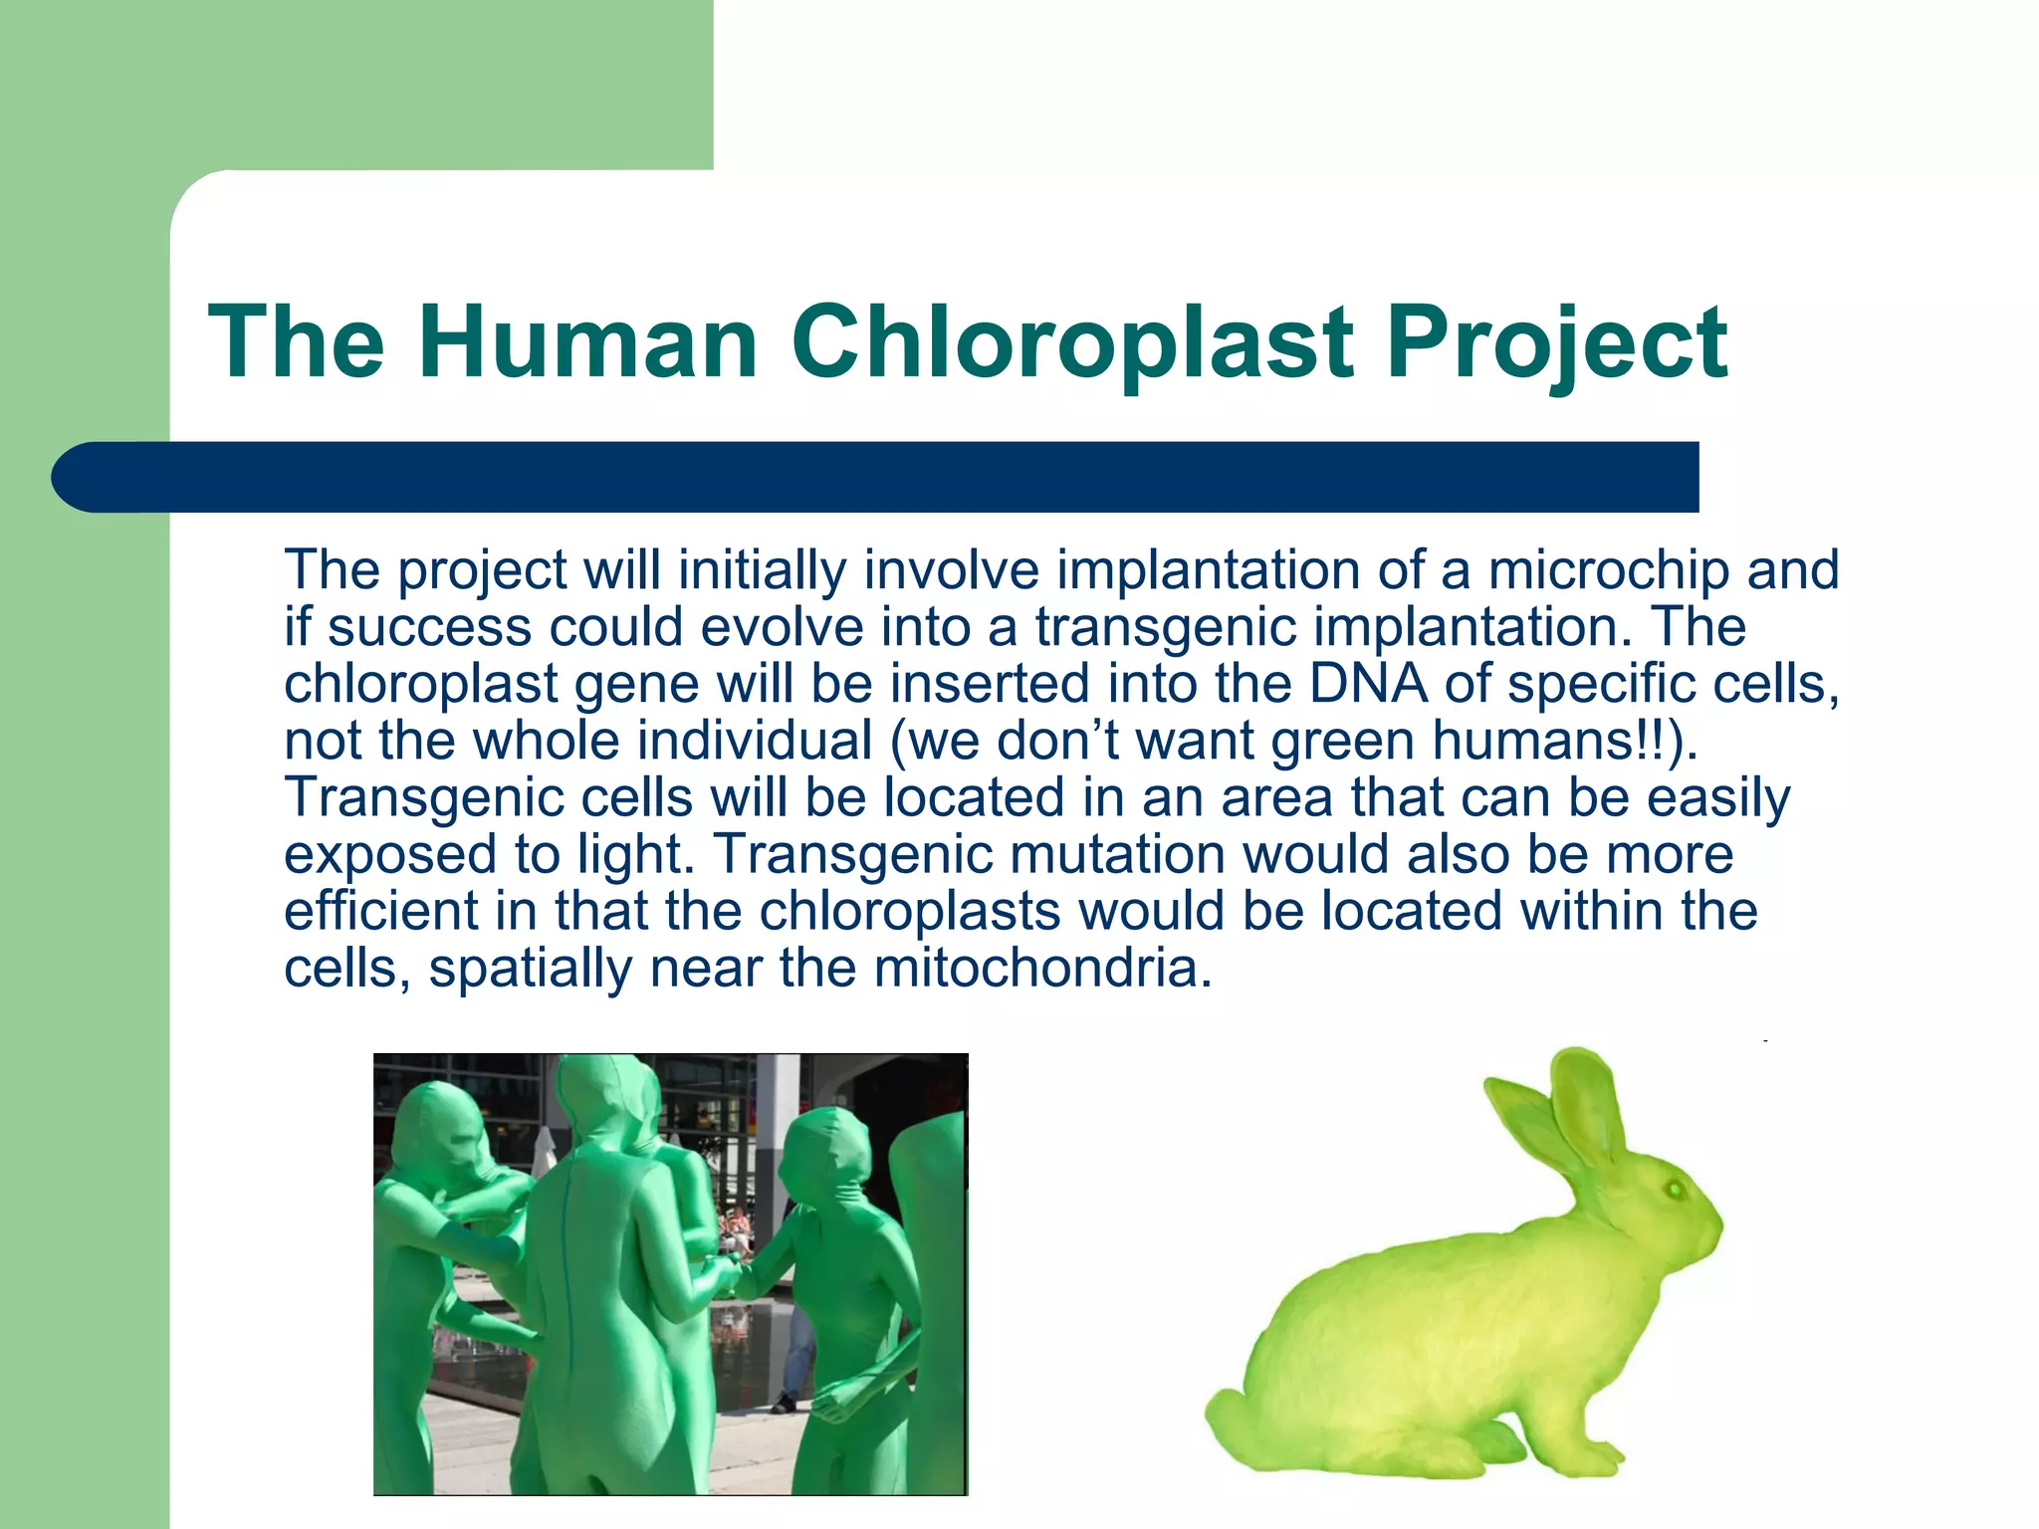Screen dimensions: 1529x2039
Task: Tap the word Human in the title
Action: [587, 342]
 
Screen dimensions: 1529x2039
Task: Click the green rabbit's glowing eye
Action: [1674, 1189]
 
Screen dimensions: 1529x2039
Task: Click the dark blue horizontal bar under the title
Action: [876, 477]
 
